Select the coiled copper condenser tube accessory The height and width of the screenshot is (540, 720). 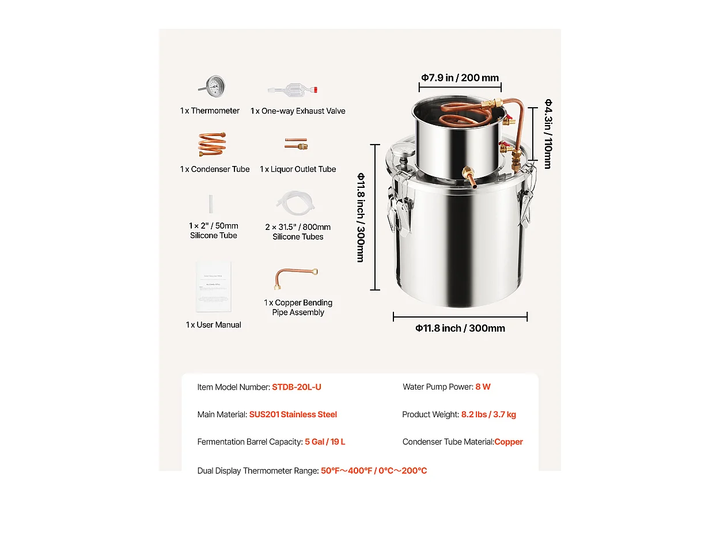(212, 144)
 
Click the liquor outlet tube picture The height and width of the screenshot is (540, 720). (296, 144)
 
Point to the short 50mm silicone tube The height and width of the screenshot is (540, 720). (212, 204)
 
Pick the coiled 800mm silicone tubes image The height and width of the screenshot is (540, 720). (296, 203)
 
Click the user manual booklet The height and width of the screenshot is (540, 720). (213, 287)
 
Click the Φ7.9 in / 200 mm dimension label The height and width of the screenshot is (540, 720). (460, 78)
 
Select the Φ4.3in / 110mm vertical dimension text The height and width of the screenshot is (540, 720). (548, 134)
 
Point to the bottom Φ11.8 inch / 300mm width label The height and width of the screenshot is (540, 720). (460, 328)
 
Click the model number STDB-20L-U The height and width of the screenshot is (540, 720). (297, 387)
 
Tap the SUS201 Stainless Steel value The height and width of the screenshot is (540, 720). (293, 414)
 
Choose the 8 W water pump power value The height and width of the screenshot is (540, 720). (483, 387)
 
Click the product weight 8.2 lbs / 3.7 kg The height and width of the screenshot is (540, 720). (488, 414)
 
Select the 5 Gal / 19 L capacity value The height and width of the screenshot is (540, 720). (325, 442)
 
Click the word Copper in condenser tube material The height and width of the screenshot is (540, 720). (509, 442)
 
